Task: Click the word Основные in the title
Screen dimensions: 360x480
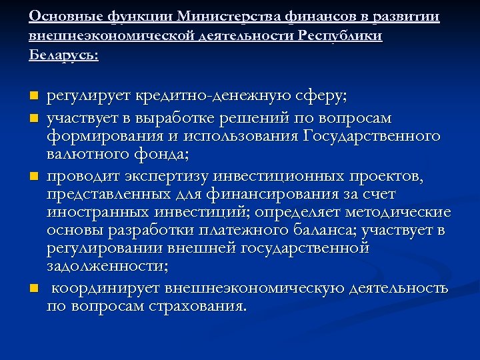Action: [61, 16]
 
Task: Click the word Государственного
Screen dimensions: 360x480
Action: [371, 136]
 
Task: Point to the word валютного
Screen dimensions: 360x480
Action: [86, 155]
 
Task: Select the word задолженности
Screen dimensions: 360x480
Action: [107, 267]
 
